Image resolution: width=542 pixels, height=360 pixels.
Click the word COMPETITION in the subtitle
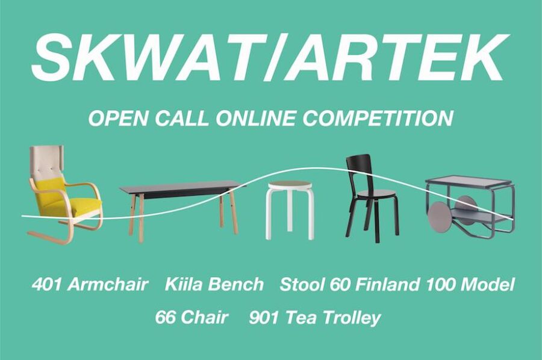point(378,118)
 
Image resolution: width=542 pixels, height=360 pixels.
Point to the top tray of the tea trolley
point(468,181)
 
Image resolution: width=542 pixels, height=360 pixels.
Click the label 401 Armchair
point(90,285)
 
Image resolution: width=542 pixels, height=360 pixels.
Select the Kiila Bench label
point(214,285)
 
